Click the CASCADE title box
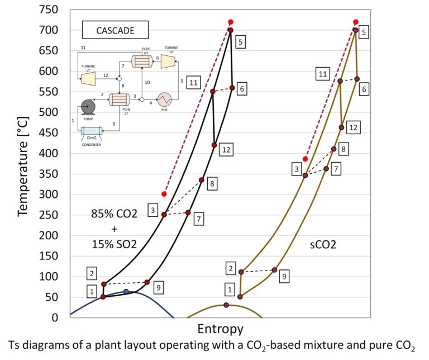point(115,31)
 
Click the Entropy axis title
point(220,326)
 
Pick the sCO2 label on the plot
point(324,244)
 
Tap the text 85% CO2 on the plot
point(114,214)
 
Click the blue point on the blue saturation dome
point(126,291)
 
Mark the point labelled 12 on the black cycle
point(214,145)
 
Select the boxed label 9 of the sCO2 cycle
point(284,276)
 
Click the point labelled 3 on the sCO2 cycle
point(305,176)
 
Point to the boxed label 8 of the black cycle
point(211,183)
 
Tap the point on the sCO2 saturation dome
point(226,305)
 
